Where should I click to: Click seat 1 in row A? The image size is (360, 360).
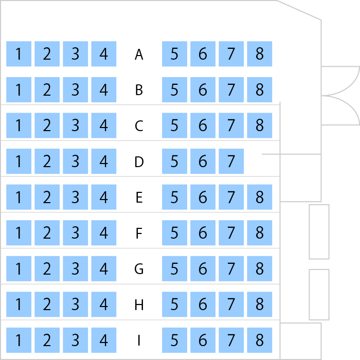[19, 54]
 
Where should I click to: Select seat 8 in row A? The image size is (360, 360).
[259, 54]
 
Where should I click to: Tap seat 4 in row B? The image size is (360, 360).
[104, 90]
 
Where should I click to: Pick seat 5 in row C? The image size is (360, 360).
[174, 125]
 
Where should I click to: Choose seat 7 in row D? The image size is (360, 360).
[231, 161]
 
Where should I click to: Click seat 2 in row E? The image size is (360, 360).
[47, 197]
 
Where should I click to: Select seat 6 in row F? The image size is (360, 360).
[203, 233]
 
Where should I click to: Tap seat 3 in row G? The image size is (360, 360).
[75, 269]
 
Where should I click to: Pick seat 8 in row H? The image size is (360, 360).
[259, 304]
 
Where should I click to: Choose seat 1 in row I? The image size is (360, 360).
[19, 340]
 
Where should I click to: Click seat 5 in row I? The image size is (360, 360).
[174, 340]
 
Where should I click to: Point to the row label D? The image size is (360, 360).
[139, 161]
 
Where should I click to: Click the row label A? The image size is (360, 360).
[139, 55]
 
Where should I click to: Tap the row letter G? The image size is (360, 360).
[139, 269]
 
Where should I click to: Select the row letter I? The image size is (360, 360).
[139, 340]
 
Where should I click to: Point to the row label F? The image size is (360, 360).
[139, 233]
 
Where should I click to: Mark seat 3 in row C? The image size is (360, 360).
[75, 125]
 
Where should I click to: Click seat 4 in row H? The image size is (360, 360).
[104, 304]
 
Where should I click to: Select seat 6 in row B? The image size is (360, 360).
[203, 90]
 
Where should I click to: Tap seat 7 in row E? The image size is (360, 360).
[231, 197]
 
